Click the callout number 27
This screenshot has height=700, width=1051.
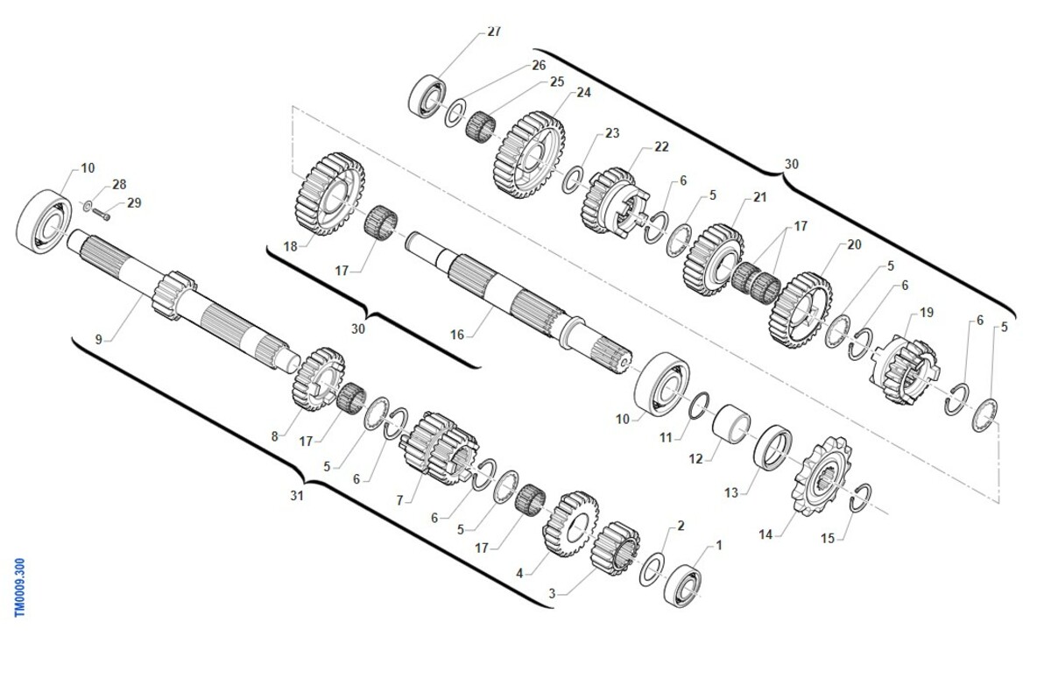click(x=494, y=32)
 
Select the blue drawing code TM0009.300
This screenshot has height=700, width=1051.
click(x=19, y=587)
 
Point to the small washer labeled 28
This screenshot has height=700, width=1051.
click(x=88, y=206)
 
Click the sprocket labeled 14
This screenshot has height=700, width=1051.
click(x=822, y=476)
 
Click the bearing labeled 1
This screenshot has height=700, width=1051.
click(x=682, y=585)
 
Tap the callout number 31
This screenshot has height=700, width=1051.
click(x=297, y=495)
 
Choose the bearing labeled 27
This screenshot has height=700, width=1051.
click(x=427, y=95)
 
